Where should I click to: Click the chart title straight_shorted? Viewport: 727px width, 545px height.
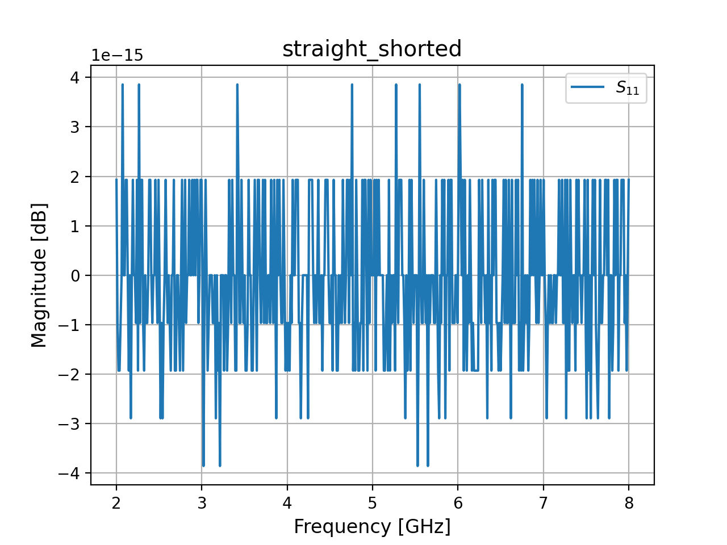(372, 49)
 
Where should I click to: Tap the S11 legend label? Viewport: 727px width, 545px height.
(628, 88)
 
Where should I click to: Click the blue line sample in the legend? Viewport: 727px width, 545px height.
(588, 87)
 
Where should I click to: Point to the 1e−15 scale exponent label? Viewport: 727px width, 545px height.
(118, 56)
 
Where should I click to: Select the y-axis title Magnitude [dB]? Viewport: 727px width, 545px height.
(39, 275)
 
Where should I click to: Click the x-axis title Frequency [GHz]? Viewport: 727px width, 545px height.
(372, 527)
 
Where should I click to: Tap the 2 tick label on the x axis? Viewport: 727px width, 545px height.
(116, 503)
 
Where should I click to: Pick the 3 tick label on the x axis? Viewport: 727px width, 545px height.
(202, 503)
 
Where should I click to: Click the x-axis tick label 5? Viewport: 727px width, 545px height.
(373, 503)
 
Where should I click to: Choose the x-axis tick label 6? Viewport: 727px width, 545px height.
(458, 503)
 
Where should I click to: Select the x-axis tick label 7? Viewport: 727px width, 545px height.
(543, 503)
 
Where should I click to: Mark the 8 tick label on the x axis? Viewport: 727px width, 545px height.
(629, 503)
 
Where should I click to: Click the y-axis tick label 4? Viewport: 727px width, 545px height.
(75, 77)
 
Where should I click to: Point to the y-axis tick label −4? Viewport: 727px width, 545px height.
(70, 473)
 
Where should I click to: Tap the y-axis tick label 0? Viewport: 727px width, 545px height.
(75, 275)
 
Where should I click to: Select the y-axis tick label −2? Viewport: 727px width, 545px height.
(70, 375)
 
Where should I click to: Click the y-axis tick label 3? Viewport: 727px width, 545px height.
(75, 127)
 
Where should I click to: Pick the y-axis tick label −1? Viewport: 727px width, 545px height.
(70, 325)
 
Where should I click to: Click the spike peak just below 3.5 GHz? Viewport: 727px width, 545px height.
(237, 85)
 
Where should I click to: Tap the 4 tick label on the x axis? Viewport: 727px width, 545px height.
(287, 503)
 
